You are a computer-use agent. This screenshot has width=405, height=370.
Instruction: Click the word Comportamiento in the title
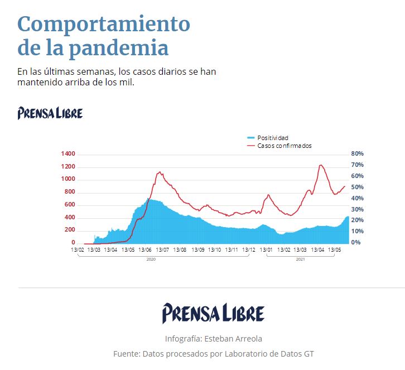pos(104,24)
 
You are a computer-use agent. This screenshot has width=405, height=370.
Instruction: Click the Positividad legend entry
pos(272,138)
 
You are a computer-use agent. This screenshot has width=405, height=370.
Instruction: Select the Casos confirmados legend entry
pos(284,146)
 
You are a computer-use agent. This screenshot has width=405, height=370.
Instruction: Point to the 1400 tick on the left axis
pos(68,153)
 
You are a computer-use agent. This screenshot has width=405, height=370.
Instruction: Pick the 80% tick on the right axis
pos(357,153)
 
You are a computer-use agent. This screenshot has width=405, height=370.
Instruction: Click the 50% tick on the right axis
pos(357,187)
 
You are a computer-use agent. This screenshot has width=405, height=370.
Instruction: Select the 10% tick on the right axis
pos(357,232)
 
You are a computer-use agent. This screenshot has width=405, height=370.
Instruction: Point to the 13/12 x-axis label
pos(249,249)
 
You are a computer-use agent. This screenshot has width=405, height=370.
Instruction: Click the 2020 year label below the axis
pos(151,260)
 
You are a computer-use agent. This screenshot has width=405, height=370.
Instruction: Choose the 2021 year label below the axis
pos(300,260)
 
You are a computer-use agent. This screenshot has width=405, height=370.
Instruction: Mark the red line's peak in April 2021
pos(321,165)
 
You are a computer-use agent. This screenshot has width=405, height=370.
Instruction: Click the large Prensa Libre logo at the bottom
pos(213,313)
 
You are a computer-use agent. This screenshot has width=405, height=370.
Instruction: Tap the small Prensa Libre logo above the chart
pos(50,113)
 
